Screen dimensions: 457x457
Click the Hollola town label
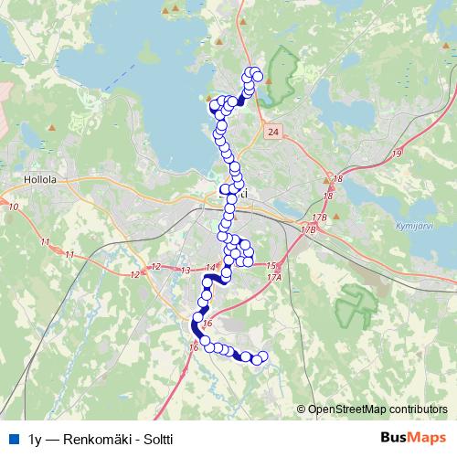click(x=41, y=180)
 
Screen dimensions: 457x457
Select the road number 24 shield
click(x=273, y=133)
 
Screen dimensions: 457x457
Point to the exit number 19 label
click(x=396, y=154)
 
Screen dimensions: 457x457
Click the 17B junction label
click(x=319, y=218)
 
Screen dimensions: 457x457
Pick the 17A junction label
click(x=274, y=276)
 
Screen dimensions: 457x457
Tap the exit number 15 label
click(x=271, y=265)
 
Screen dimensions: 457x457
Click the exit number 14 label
click(x=211, y=267)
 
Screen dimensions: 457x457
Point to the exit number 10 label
click(x=12, y=207)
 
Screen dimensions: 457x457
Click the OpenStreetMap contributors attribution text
click(x=377, y=409)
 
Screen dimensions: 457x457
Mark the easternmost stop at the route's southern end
click(x=265, y=356)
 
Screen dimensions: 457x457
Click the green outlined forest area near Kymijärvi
click(x=356, y=306)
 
